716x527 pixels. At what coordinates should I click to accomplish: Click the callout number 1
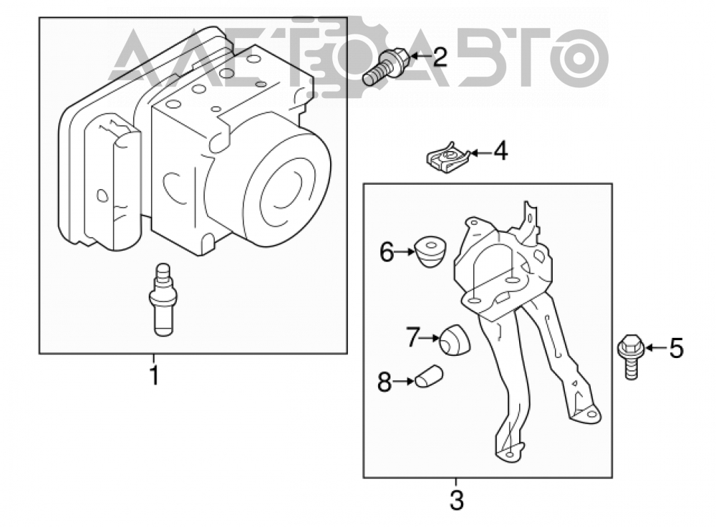[155, 376]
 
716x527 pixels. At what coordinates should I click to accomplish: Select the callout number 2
[440, 57]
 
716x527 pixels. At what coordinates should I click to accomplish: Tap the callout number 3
[456, 500]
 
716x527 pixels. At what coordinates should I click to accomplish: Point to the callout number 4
[500, 151]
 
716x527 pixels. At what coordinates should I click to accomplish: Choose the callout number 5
[677, 349]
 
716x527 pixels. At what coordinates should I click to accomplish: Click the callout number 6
[387, 252]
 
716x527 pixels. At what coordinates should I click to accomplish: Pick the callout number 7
[413, 337]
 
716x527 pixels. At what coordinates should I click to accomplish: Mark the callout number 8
[384, 382]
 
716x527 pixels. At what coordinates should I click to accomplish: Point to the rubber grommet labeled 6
[430, 251]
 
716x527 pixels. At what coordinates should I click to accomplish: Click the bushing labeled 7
[455, 340]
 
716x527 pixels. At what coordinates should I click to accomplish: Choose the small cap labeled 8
[429, 377]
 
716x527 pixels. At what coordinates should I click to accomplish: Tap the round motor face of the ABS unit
[286, 187]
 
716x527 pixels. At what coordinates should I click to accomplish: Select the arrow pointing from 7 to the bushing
[429, 339]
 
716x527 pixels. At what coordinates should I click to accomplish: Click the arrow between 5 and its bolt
[656, 349]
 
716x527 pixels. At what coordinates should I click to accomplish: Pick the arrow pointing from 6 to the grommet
[405, 251]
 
